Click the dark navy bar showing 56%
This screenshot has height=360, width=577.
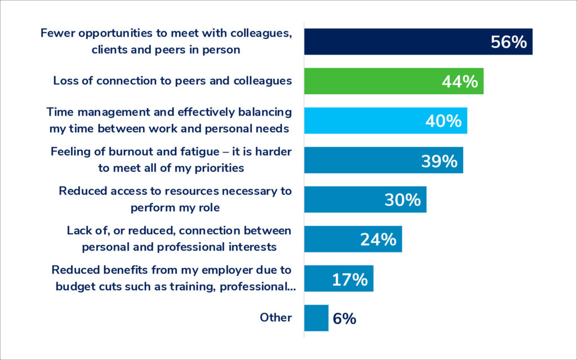click(x=394, y=42)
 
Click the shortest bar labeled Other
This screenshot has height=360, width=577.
click(x=316, y=318)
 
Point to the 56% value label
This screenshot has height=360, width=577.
click(x=508, y=42)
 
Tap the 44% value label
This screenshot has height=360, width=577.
click(x=459, y=82)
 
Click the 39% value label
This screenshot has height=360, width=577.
click(x=439, y=161)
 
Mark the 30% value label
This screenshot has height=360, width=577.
click(x=402, y=200)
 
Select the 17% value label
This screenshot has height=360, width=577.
click(x=349, y=279)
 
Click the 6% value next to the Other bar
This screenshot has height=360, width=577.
click(x=344, y=318)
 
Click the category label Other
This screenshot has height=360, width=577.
click(x=276, y=318)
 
